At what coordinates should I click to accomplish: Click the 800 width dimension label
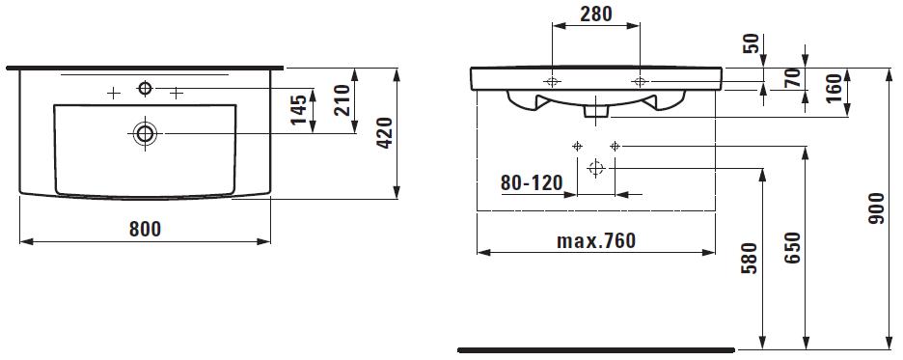pos(145,230)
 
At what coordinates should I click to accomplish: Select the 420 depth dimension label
pos(384,133)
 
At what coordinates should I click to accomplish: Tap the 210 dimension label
pos(342,99)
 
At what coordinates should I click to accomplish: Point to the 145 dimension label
pos(298,109)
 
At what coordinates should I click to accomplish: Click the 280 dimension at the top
pos(595,14)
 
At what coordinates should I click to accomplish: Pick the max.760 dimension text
pos(596,240)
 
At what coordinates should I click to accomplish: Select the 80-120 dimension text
pos(531,183)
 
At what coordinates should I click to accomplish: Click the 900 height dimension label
pos(877,208)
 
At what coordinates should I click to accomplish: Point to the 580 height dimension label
pos(750,258)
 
